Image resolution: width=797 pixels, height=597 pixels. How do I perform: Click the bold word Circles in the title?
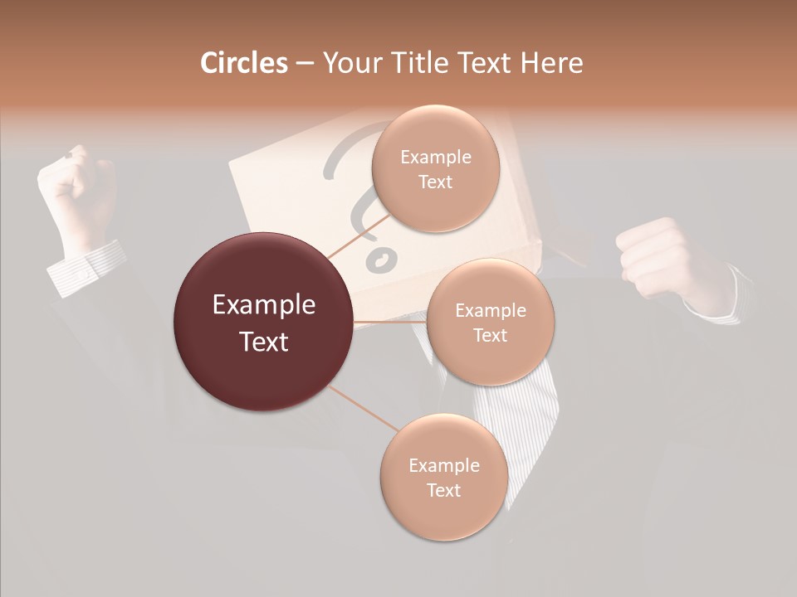[x=243, y=63]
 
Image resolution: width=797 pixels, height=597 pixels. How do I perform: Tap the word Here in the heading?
[x=551, y=63]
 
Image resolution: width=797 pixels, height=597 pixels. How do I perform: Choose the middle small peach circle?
[x=490, y=322]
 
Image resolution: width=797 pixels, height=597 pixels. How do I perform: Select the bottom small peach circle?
[x=443, y=477]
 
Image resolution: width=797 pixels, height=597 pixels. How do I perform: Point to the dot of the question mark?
[x=381, y=259]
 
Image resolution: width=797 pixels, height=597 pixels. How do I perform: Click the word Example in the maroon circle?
[x=264, y=305]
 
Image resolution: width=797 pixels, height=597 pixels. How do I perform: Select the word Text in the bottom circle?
[x=443, y=490]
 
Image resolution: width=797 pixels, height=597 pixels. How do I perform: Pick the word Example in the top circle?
[x=435, y=158]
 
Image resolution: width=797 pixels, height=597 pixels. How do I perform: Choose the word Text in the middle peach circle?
[x=490, y=335]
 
